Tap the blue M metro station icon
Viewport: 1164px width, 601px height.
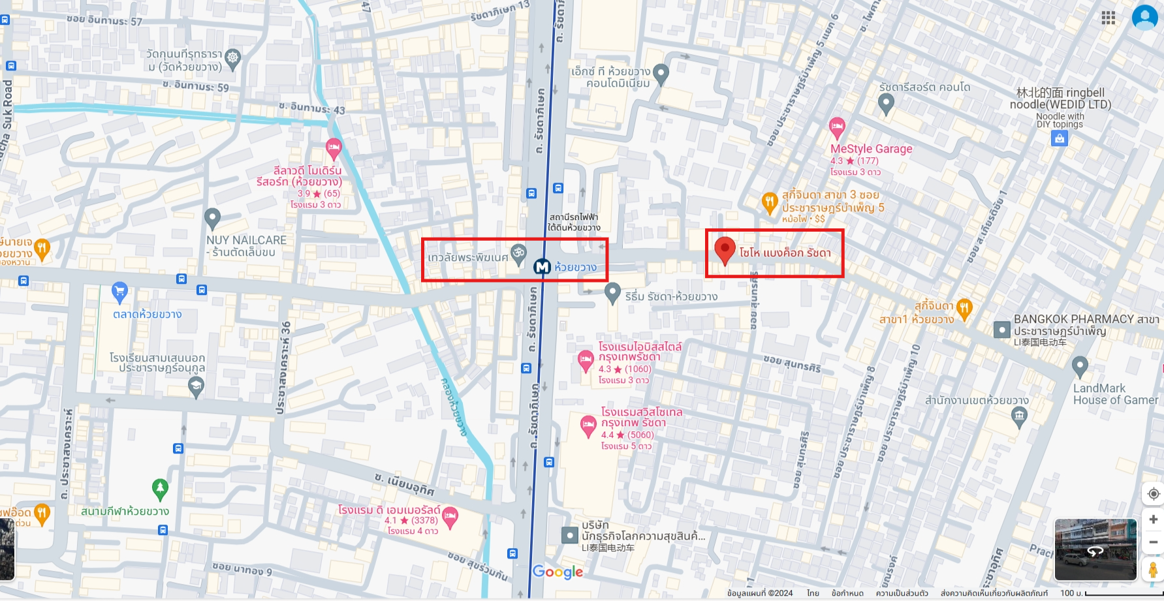click(x=542, y=267)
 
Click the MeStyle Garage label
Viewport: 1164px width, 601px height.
click(x=871, y=149)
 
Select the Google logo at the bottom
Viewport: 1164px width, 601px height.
click(x=558, y=572)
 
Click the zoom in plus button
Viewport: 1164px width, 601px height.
click(x=1153, y=519)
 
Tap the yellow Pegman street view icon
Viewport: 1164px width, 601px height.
click(x=1153, y=569)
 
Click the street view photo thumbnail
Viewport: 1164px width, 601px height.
click(x=1095, y=549)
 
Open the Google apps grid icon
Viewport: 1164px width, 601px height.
click(x=1108, y=18)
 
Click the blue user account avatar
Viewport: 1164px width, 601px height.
click(x=1144, y=18)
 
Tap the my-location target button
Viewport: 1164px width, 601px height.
click(x=1153, y=493)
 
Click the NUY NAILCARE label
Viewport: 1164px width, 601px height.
click(x=246, y=246)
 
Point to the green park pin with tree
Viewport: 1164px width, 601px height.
click(x=160, y=488)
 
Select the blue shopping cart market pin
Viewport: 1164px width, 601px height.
click(x=119, y=292)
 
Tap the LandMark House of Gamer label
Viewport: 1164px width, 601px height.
click(x=1114, y=394)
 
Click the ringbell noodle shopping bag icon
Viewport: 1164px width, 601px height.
click(x=1060, y=138)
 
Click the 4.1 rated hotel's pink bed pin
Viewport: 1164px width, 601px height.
click(x=450, y=517)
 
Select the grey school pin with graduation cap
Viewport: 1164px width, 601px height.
click(x=196, y=386)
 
